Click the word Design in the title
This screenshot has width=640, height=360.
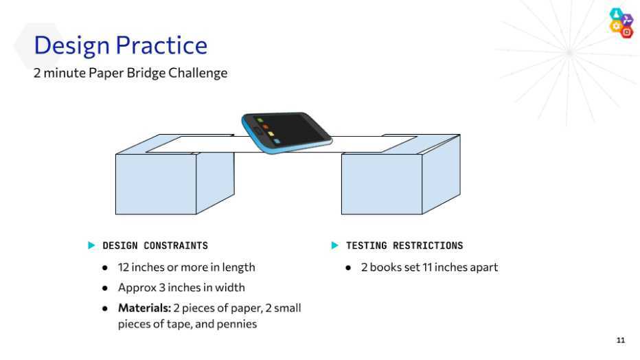[x=71, y=46]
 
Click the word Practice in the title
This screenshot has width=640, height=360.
[x=161, y=45]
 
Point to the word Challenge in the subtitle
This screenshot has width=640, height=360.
[x=198, y=74]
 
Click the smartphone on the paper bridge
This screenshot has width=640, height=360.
[x=286, y=132]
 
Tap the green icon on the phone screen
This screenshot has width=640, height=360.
[x=260, y=120]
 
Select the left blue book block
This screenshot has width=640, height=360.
[x=174, y=175]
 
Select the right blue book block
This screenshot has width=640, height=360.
[x=401, y=175]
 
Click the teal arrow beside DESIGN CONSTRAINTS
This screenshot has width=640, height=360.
[x=91, y=245]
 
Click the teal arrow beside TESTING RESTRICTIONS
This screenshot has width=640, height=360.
[x=334, y=245]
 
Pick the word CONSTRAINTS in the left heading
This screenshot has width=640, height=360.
[x=176, y=246]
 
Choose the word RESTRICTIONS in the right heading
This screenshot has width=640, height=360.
[x=428, y=246]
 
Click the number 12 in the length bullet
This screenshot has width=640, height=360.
[x=124, y=267]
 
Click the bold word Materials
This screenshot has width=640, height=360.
[x=144, y=308]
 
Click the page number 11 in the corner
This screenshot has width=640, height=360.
[x=620, y=340]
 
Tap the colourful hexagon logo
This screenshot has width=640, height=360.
[x=621, y=23]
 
